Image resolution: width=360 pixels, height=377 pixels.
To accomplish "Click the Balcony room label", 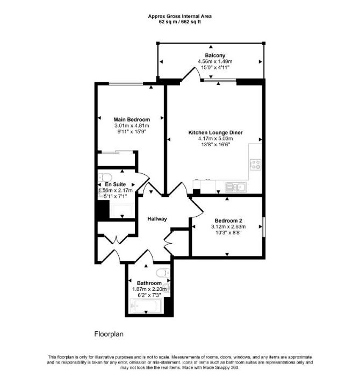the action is [x=215, y=55].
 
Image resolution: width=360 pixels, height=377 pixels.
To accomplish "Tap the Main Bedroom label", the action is [x=132, y=119].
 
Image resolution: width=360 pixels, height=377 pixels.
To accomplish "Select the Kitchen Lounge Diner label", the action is [x=215, y=132].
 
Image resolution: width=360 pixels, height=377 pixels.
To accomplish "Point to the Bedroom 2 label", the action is [x=228, y=220].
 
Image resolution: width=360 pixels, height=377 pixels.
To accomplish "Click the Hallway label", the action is [x=157, y=219].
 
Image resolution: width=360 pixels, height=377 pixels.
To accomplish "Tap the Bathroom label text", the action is [x=149, y=283].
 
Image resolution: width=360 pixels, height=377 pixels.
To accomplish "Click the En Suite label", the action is [x=116, y=184].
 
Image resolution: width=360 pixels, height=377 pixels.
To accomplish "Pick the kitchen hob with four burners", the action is [x=256, y=165].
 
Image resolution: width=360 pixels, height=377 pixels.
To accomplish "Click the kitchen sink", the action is [x=235, y=187].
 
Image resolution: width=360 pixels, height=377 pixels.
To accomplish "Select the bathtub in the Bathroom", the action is [x=146, y=306].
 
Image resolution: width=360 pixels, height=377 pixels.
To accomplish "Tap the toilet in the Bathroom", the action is [x=163, y=273].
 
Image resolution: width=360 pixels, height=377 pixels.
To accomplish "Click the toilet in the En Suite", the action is [x=105, y=177].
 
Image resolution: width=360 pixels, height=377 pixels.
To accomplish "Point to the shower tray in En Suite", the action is [x=121, y=211].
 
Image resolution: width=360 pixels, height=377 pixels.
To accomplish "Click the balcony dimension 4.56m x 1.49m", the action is [x=215, y=61].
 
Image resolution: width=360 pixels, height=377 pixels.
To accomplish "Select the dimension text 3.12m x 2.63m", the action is [x=228, y=226].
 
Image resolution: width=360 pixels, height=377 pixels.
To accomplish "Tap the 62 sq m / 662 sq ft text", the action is [x=180, y=22].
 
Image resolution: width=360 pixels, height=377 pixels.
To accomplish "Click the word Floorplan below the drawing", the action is [x=109, y=334].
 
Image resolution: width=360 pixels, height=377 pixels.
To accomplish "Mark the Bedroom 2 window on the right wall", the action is [x=264, y=227].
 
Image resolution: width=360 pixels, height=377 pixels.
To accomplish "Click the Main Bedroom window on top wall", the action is [x=126, y=83].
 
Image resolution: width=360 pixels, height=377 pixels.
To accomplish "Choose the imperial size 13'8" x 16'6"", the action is [x=215, y=145].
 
